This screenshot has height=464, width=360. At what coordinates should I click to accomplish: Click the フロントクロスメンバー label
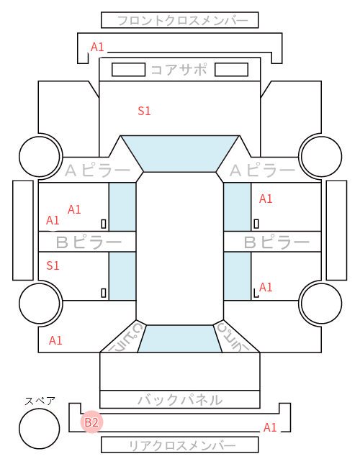182,21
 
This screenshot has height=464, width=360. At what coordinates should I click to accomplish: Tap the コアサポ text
179,70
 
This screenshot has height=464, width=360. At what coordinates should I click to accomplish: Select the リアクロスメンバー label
182,445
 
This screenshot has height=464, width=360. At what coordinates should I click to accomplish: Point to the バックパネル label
180,400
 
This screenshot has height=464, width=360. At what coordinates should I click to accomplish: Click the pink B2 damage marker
91,422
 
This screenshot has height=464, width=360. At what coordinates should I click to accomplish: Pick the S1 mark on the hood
144,111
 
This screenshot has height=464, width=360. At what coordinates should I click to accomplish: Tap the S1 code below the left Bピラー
53,265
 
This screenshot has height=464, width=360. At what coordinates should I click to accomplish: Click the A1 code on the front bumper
97,47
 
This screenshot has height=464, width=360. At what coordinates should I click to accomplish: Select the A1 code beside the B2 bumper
270,427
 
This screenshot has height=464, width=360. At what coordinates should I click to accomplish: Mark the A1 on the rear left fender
55,340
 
